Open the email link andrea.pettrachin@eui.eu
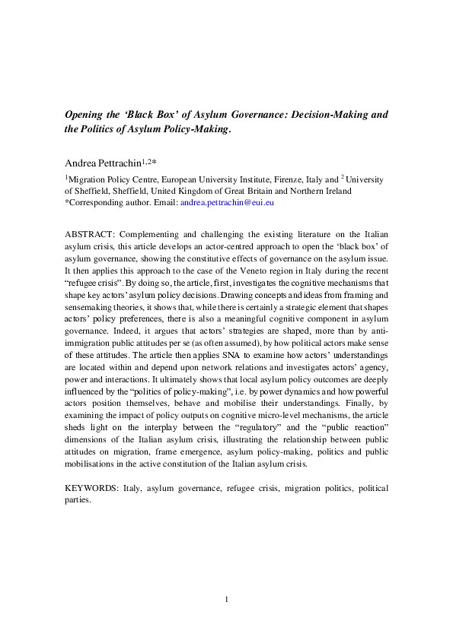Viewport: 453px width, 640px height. tap(226, 203)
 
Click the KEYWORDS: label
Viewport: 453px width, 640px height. tap(92, 487)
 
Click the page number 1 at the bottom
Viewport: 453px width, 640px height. tap(226, 600)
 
